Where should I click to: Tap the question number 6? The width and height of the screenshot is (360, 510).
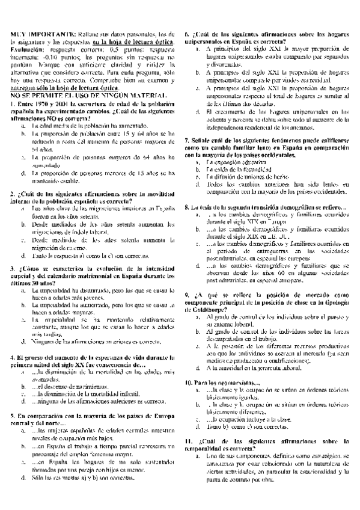pos(187,34)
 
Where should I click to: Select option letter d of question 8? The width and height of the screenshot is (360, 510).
pos(198,265)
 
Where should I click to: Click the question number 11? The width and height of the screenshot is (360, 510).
pos(189,459)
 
